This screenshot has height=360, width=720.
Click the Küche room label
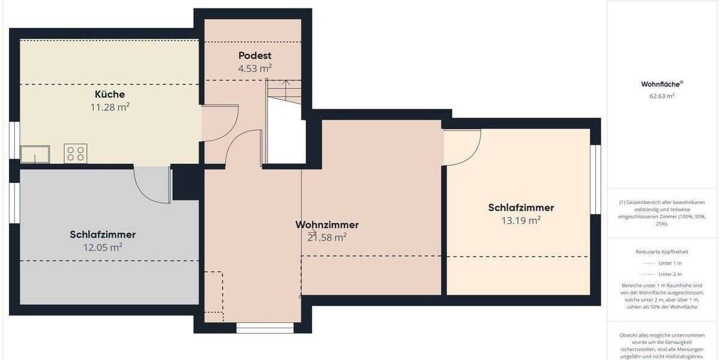coord(110,95)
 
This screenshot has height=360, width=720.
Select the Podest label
coord(255,56)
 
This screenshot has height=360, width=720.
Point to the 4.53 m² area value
coord(255,68)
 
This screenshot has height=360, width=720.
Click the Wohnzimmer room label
coord(327,225)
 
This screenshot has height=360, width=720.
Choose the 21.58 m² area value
coord(327,238)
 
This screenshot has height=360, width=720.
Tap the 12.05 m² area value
coord(103,247)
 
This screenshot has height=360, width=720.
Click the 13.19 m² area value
coord(521,221)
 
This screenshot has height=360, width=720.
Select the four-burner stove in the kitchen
coord(76,154)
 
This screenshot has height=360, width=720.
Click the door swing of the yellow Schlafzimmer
coord(462,147)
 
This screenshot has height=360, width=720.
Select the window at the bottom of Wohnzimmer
coord(265,328)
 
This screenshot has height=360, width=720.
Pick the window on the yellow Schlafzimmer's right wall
coord(595,179)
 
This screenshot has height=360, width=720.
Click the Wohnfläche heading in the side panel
coord(657,85)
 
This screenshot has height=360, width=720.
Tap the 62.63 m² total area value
coord(657,95)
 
